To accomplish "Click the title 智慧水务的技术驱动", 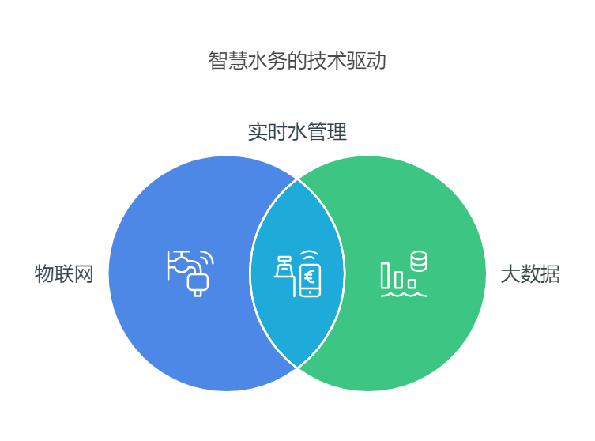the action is (297, 60).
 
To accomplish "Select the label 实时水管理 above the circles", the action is (297, 132).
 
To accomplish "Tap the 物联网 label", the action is (64, 274).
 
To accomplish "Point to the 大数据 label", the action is (530, 274).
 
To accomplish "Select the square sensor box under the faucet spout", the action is (198, 285).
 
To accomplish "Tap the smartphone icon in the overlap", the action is (310, 278).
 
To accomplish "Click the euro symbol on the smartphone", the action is (309, 276).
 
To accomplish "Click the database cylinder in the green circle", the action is (419, 261).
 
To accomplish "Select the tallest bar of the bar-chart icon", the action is (386, 275).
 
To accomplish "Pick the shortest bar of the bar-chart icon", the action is (412, 283).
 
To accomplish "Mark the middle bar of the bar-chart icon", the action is (398, 279).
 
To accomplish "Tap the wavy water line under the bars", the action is (404, 294).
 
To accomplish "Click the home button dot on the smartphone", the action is (310, 292).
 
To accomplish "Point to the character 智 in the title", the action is (218, 61).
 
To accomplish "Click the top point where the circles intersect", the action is (297, 179).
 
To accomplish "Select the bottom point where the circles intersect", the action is (297, 367).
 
